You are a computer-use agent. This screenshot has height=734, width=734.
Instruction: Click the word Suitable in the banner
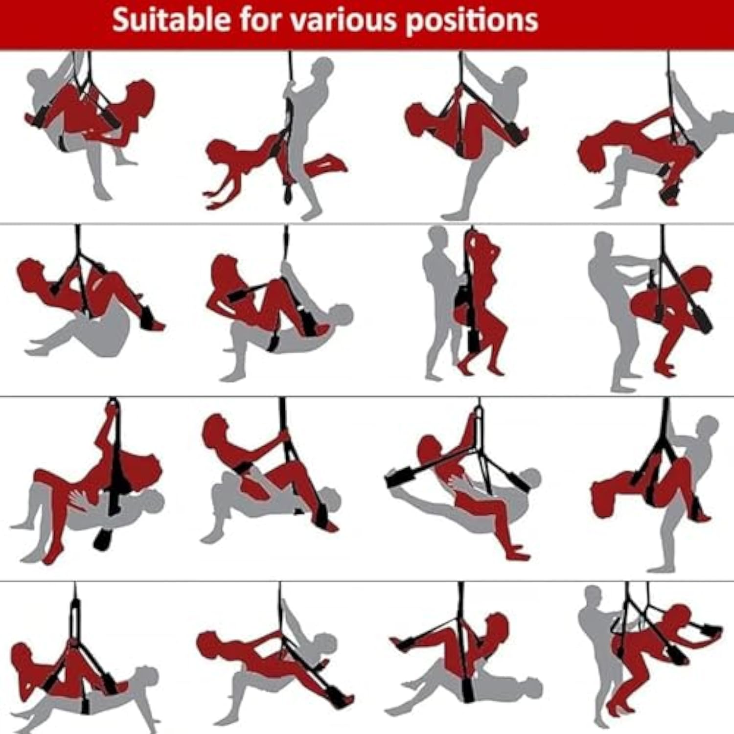[171, 20]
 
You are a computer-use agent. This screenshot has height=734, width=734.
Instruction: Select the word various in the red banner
[345, 21]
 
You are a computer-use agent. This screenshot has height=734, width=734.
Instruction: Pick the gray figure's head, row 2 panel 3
[437, 238]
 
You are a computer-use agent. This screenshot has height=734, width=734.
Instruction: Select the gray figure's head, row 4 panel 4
[593, 598]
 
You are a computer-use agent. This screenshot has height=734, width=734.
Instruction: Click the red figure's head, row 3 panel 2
[214, 428]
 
